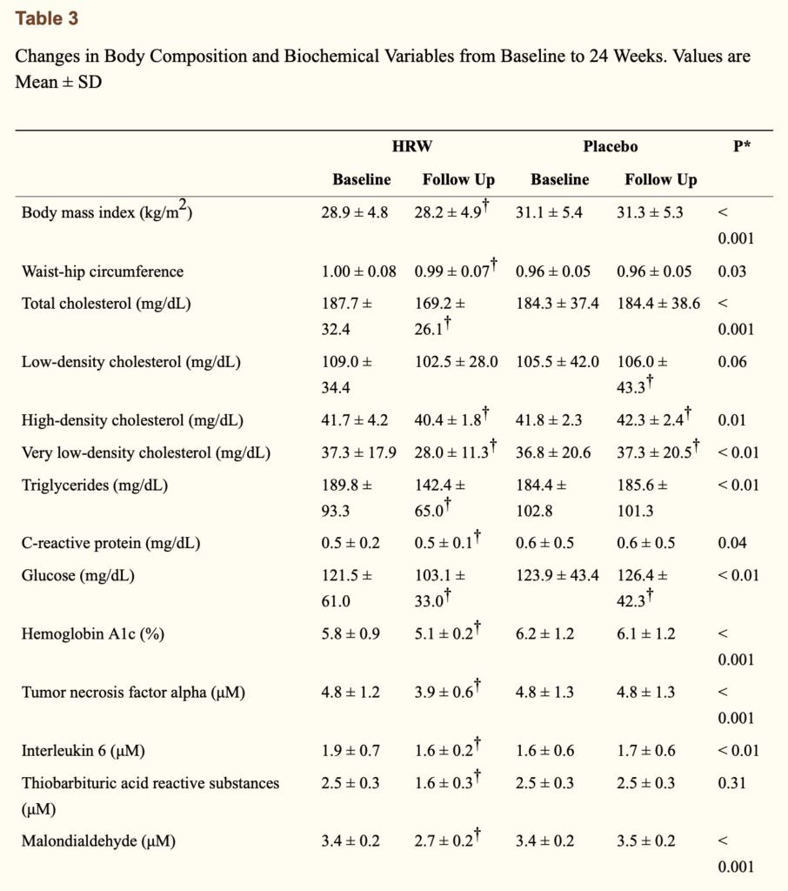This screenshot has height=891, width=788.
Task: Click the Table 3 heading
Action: tap(47, 18)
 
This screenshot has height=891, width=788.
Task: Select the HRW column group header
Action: tap(412, 146)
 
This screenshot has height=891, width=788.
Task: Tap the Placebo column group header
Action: tap(611, 146)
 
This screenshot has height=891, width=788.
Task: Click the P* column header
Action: tap(741, 146)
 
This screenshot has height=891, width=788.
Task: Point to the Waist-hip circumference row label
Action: tap(103, 271)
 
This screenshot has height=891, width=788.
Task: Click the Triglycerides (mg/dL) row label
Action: tap(95, 486)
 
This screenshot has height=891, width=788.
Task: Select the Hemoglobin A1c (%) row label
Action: tap(92, 634)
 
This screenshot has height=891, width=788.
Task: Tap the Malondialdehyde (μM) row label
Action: tap(98, 841)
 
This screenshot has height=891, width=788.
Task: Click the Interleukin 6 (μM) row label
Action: tap(83, 751)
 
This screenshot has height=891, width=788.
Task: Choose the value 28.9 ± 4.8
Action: tap(355, 212)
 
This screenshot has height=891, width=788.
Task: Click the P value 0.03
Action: tap(731, 271)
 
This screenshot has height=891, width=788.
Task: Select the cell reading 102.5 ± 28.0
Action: tap(457, 362)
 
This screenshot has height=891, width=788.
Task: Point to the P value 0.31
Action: tap(731, 783)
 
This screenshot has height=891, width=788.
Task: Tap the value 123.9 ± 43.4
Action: tap(558, 576)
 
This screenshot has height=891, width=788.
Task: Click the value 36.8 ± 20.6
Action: tap(553, 452)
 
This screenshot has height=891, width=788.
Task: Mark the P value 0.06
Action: tap(731, 362)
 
